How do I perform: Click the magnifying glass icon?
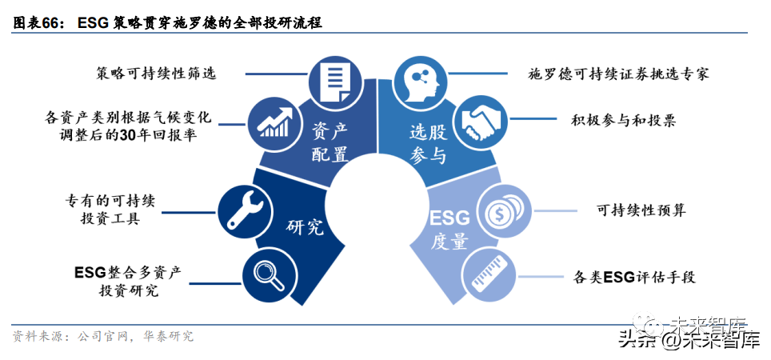coord(266,271)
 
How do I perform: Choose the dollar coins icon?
coord(504,211)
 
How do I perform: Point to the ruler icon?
coord(486,271)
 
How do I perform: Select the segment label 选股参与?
coord(427,142)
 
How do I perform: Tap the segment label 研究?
coord(305,226)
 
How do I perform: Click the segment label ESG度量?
coord(449,229)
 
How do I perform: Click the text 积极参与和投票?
coord(623,120)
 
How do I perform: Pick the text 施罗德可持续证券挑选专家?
coord(618,74)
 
